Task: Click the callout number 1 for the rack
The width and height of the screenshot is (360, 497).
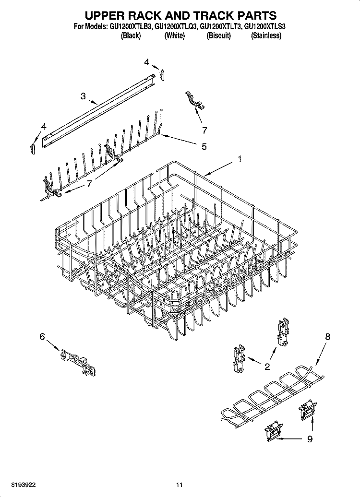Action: point(240,159)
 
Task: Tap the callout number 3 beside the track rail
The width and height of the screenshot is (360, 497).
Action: point(83,96)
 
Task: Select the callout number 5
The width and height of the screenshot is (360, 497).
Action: point(204,147)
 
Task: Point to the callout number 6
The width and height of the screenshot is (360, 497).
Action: point(42,337)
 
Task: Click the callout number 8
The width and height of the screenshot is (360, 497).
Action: point(327,337)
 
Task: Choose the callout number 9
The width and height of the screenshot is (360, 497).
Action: point(310,438)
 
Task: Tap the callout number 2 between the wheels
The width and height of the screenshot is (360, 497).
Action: point(267,367)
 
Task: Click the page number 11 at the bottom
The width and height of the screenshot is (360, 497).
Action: point(180,485)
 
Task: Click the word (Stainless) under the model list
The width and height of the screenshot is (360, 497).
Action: point(266,36)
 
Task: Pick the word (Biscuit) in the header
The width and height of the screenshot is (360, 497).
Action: point(218,36)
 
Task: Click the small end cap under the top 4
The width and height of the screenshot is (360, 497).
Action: point(163,75)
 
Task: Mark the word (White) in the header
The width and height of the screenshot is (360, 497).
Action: point(174,36)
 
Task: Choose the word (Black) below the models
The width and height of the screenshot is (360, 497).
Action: point(131,36)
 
